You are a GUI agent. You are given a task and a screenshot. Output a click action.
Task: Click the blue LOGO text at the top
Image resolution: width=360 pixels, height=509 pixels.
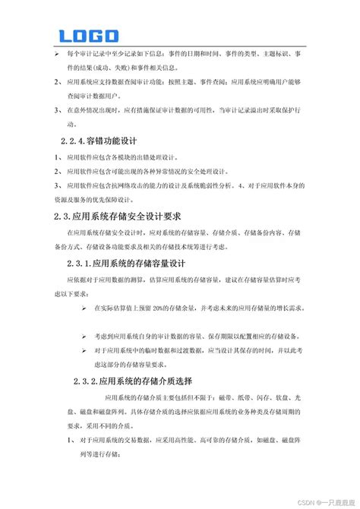pyautogui.click(x=89, y=36)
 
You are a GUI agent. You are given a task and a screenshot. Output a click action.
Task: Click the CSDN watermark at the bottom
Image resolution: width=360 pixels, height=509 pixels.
pyautogui.click(x=314, y=499)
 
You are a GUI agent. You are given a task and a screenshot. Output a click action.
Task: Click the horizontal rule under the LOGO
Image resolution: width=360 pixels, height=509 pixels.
pyautogui.click(x=179, y=47)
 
